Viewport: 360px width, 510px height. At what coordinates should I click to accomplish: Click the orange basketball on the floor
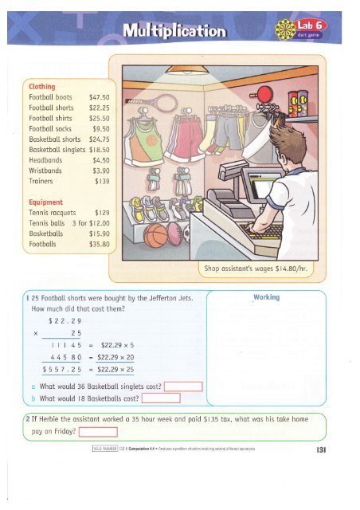click(x=157, y=236)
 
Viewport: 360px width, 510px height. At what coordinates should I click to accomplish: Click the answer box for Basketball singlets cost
click(x=185, y=388)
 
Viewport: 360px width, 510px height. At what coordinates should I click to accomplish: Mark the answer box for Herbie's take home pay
click(x=98, y=433)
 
